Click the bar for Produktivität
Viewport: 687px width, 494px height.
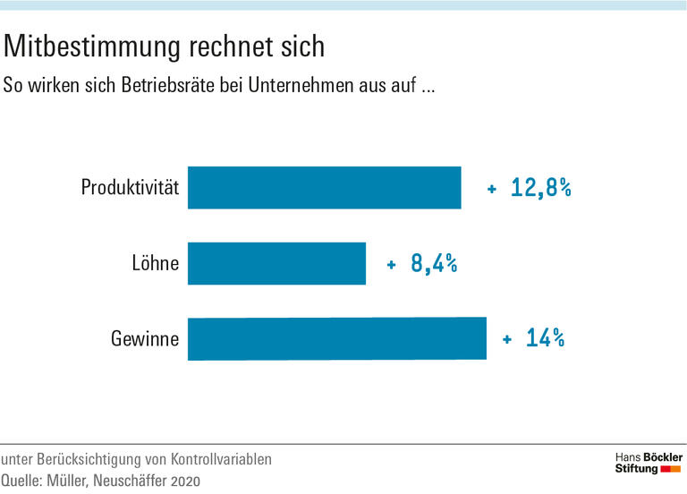tap(324, 188)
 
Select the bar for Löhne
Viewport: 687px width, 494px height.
tap(276, 263)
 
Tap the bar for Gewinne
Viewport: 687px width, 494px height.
tap(336, 339)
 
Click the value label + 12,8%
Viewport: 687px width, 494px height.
tap(529, 189)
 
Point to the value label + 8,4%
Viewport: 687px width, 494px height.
tap(421, 264)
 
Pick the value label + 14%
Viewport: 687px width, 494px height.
tap(533, 339)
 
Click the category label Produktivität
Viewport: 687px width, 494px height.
tap(130, 188)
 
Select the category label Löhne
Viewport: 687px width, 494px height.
tap(155, 264)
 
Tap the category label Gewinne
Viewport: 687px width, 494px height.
tap(145, 339)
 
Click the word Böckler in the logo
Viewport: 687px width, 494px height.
tap(664, 457)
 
